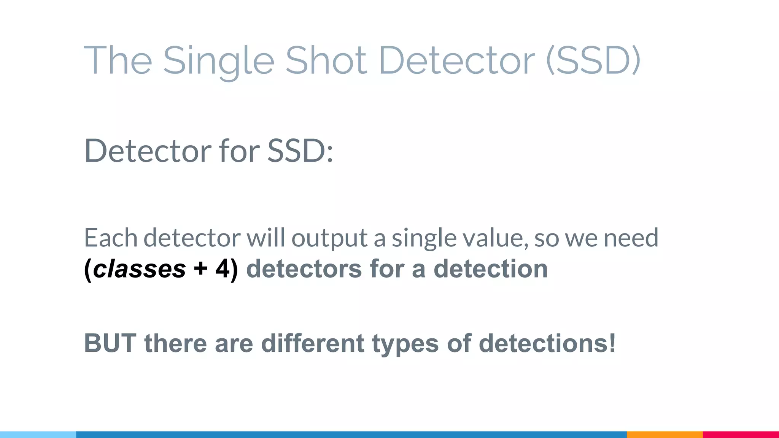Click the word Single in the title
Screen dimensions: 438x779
coord(218,61)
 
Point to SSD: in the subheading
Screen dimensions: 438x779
coord(300,151)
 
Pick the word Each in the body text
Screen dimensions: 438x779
coord(111,238)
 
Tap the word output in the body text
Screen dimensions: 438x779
coord(329,238)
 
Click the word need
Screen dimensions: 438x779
coord(631,238)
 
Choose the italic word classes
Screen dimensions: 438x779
coord(139,269)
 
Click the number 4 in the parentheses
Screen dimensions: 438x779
coord(223,269)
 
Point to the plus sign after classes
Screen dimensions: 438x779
coord(200,269)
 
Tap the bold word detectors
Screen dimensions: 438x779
coord(304,269)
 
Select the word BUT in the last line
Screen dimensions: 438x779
coord(110,343)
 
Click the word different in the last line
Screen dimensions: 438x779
coord(313,343)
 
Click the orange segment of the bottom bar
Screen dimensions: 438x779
coord(665,435)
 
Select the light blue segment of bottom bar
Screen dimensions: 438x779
coord(38,435)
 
